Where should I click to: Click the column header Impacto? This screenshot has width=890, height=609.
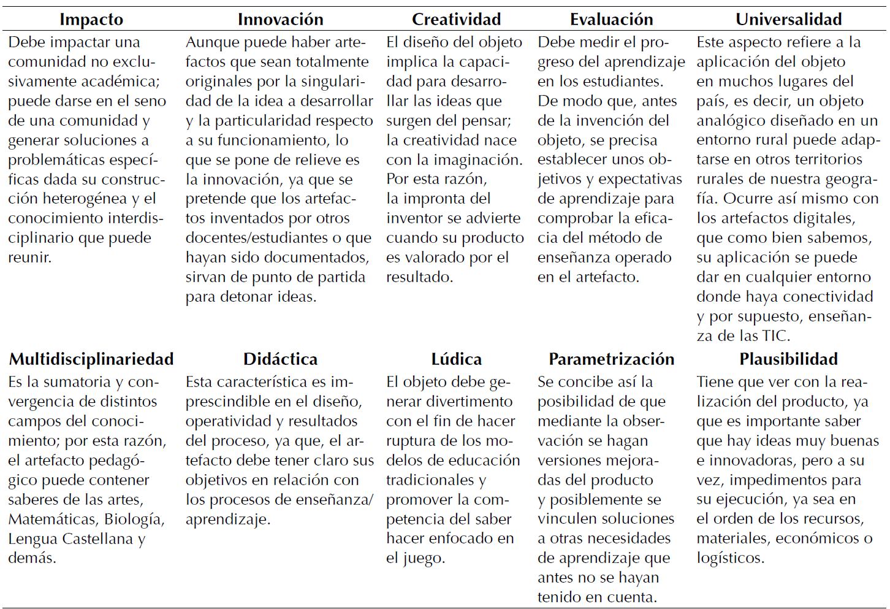[91, 20]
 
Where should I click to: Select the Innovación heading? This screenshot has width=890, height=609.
[280, 20]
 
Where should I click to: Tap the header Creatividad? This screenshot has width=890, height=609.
[456, 20]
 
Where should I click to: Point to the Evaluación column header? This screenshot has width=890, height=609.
[611, 20]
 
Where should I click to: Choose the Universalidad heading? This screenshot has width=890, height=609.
[788, 20]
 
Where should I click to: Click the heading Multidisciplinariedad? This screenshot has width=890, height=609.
[91, 359]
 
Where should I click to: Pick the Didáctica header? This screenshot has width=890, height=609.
[280, 359]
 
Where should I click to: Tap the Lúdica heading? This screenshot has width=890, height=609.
[456, 359]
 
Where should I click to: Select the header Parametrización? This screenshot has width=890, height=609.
[611, 359]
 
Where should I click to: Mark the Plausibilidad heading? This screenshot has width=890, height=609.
[788, 359]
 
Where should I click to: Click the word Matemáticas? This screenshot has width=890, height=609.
[53, 519]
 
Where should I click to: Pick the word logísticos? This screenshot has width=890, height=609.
[730, 558]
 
